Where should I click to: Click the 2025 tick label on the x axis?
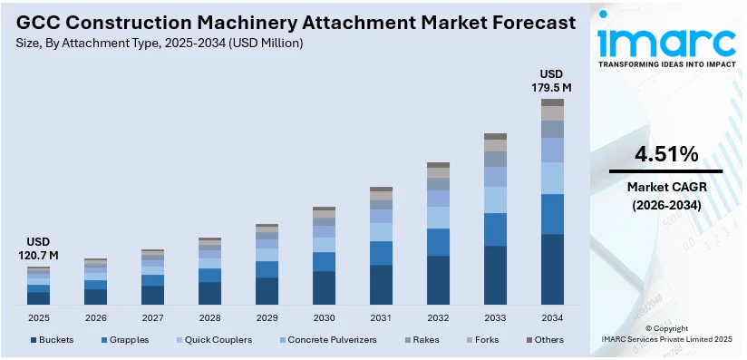(38, 318)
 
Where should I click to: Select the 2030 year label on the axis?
(324, 318)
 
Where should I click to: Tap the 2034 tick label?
(552, 318)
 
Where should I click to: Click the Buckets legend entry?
(53, 340)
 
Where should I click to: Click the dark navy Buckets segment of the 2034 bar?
(552, 269)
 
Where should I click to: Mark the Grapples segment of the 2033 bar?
(495, 229)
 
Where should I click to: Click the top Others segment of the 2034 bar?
(552, 102)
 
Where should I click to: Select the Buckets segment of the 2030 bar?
(324, 287)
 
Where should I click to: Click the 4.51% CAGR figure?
(666, 153)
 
